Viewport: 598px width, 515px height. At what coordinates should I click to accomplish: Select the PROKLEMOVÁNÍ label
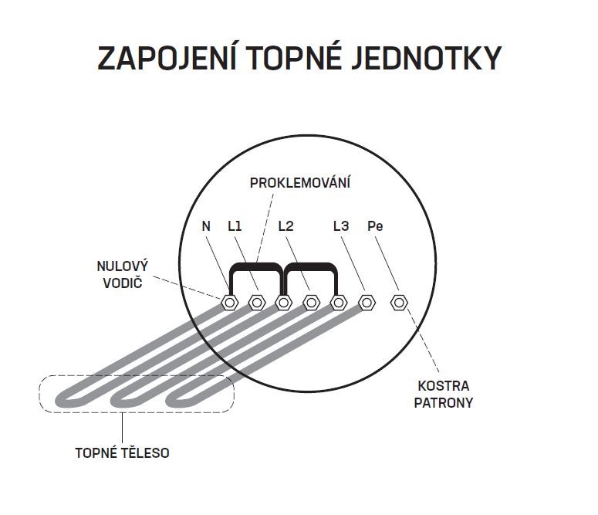[299, 182]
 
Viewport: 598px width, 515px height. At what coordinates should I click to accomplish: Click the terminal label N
[206, 226]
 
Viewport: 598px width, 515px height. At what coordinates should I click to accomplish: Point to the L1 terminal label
[235, 226]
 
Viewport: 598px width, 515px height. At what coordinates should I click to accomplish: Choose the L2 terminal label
[285, 226]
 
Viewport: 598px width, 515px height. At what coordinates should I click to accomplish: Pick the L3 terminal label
[341, 226]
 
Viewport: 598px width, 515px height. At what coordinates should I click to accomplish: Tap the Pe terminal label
[375, 226]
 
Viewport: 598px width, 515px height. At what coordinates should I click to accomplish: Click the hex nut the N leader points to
[230, 303]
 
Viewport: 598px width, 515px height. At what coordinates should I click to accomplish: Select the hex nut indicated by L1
[257, 303]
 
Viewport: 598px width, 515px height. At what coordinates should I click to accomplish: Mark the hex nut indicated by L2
[311, 303]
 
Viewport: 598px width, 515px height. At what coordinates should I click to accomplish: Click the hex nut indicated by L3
[367, 303]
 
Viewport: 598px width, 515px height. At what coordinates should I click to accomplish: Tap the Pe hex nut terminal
[399, 303]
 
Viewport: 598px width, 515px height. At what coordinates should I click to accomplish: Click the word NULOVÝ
[123, 266]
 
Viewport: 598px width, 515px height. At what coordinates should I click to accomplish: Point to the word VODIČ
[123, 283]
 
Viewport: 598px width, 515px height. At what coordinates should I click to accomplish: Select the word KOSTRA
[444, 386]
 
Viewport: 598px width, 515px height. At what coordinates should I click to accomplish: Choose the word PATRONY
[444, 403]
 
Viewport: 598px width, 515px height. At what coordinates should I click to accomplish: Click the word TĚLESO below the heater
[145, 452]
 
